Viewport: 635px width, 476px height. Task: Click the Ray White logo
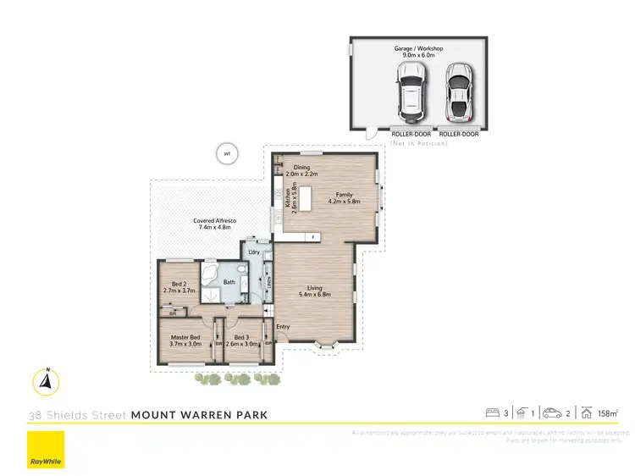46,450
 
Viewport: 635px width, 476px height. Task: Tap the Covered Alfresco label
217,224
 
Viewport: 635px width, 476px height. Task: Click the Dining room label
301,167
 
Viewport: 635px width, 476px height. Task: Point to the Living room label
314,290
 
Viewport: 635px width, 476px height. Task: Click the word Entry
283,327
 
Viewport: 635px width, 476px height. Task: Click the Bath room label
229,282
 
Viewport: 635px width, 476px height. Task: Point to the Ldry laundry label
253,252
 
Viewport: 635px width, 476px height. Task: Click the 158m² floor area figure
606,413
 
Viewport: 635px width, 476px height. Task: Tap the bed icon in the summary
492,413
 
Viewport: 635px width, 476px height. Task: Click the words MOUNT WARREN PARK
200,415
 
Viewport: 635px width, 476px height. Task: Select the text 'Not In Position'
419,143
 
